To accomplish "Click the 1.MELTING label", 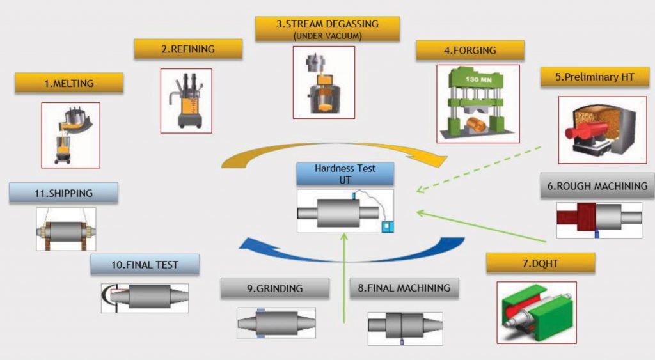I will (x=69, y=83).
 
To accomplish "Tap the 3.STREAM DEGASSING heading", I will (x=327, y=29).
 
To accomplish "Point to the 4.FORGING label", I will (x=470, y=51).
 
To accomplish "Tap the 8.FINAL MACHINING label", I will (x=404, y=288).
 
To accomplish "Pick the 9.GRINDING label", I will (x=274, y=288).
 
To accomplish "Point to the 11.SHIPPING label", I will (x=64, y=193).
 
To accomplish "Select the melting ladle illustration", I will (x=70, y=135).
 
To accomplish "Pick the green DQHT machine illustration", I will (x=537, y=312).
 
